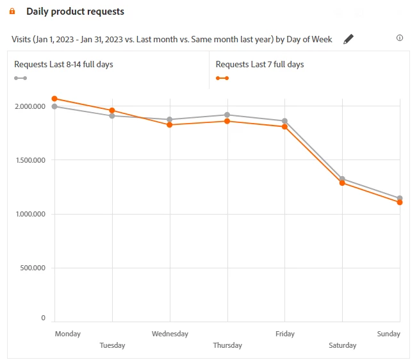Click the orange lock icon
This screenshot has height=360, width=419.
click(x=12, y=12)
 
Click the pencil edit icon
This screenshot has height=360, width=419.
click(x=349, y=39)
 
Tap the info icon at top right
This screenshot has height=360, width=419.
click(x=400, y=38)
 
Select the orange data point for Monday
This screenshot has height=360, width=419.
click(x=54, y=99)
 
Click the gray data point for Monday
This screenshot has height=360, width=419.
click(x=54, y=106)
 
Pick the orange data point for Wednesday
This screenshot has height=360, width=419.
click(x=170, y=125)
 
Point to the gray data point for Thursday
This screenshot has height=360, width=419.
click(x=227, y=115)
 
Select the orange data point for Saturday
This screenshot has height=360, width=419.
click(x=343, y=183)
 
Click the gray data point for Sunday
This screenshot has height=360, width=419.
click(x=400, y=198)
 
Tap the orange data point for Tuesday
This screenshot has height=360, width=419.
click(x=112, y=111)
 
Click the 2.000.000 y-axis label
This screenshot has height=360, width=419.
click(x=29, y=106)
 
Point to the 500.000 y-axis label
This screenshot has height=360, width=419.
click(x=32, y=268)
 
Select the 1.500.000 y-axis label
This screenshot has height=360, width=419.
click(x=29, y=160)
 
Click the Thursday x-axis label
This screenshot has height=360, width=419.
click(x=227, y=345)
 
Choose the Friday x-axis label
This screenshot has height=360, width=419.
click(x=285, y=334)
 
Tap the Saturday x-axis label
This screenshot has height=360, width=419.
click(x=343, y=345)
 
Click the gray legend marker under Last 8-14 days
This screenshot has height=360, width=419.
click(x=21, y=78)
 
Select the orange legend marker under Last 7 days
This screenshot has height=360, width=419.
click(x=222, y=78)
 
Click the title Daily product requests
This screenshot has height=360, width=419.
click(x=75, y=12)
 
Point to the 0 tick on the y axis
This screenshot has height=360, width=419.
click(x=44, y=318)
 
